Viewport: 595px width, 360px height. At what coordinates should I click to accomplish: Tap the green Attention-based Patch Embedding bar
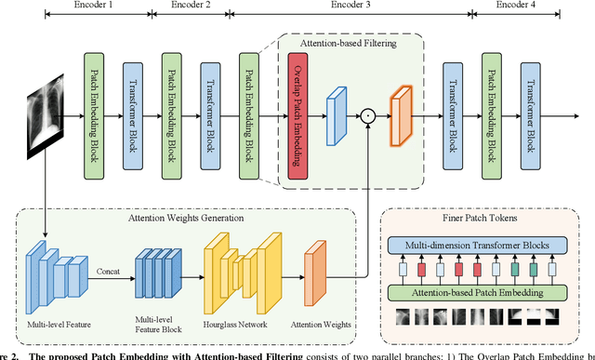475,292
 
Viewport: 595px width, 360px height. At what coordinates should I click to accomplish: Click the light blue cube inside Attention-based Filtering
336,119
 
